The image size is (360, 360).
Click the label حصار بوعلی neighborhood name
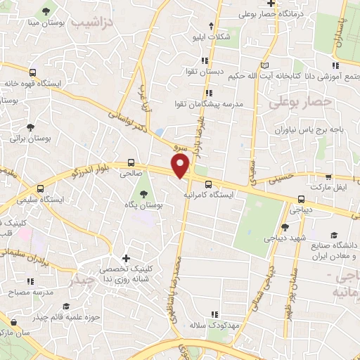[x=295, y=103]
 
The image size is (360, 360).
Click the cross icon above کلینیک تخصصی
[x=126, y=258]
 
